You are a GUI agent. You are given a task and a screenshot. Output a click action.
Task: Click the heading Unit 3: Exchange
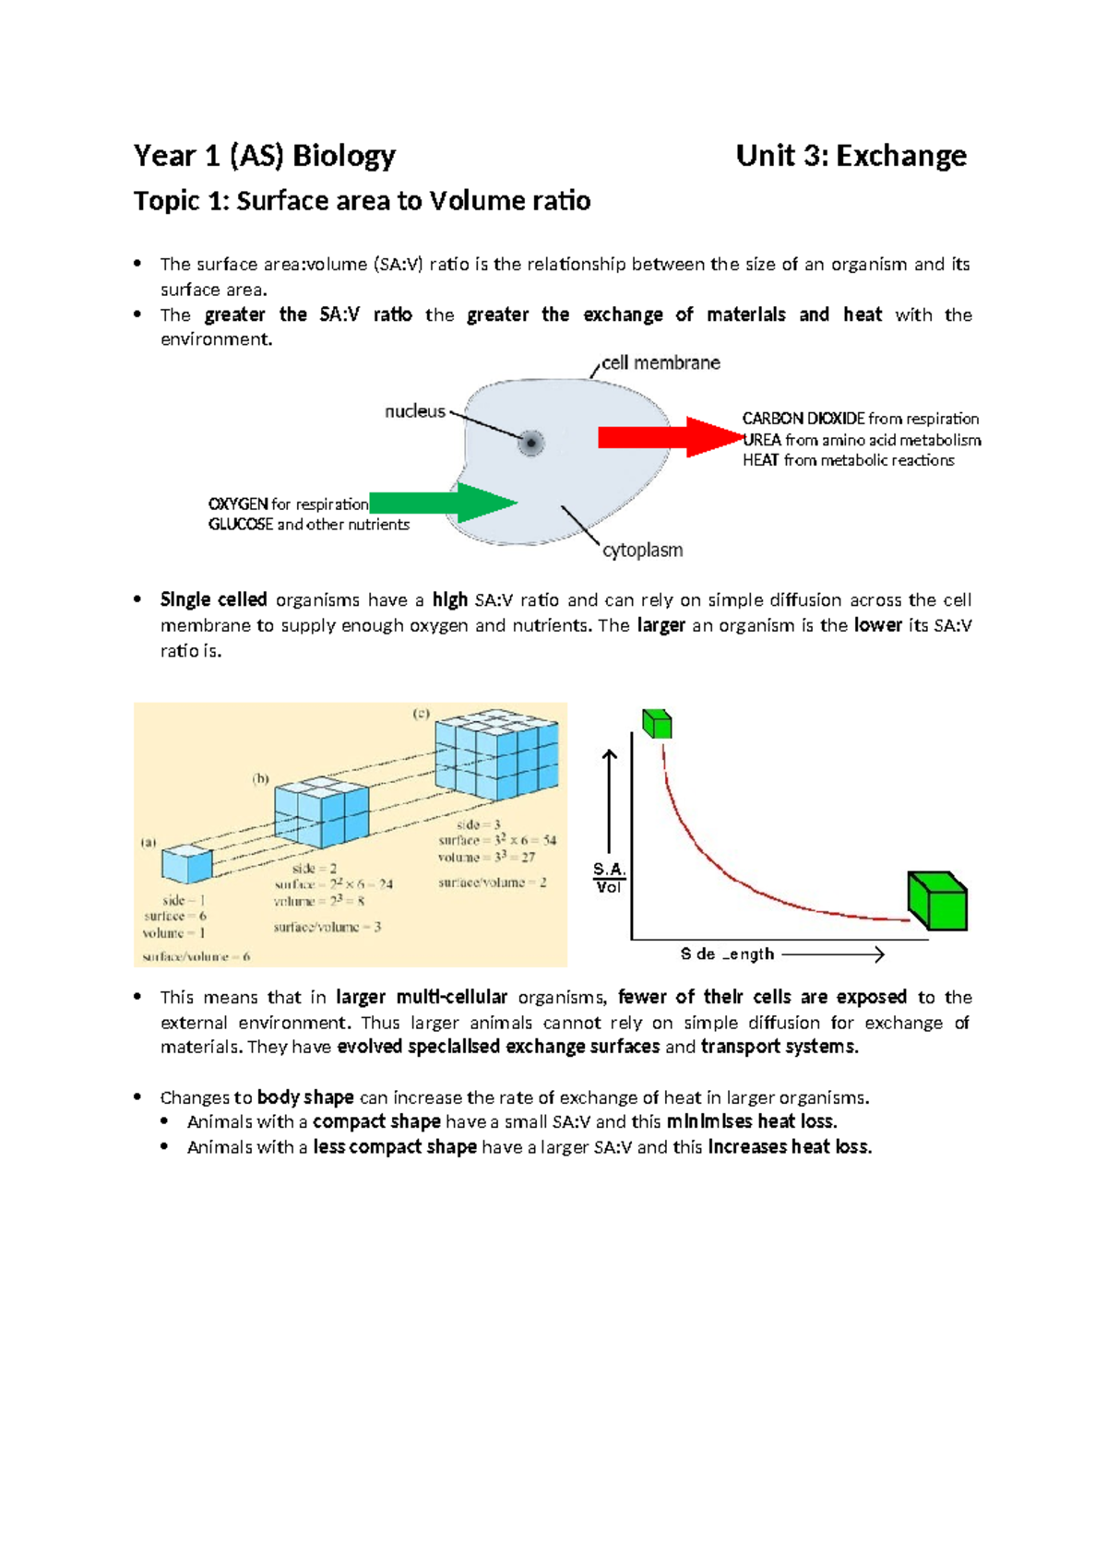coord(851,156)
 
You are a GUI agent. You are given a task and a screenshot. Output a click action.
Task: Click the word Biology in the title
coord(344,156)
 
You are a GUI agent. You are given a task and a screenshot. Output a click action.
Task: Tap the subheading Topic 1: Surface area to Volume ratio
coord(362,201)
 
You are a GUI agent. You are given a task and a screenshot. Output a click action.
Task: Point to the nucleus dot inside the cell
coord(531,443)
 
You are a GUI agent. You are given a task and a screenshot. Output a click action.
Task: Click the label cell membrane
coord(661,363)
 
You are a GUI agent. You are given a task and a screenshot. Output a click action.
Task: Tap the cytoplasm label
coord(642,551)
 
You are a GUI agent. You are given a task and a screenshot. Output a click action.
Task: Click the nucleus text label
coord(415,411)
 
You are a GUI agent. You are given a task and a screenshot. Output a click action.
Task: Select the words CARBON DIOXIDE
coord(803,419)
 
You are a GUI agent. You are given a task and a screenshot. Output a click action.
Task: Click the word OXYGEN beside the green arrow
coord(238,504)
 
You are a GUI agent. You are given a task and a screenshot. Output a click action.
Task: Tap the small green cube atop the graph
coord(657,724)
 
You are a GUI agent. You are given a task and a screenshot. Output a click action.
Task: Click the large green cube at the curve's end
coord(937,901)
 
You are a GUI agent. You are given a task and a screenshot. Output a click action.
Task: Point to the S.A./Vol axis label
coord(609,878)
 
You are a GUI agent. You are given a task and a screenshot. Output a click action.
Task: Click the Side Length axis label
coord(727,954)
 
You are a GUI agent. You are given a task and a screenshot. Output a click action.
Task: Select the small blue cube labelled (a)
coord(186,864)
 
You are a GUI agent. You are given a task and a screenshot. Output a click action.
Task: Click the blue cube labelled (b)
coord(321,815)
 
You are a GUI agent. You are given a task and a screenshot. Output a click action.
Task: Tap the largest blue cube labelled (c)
coord(496,755)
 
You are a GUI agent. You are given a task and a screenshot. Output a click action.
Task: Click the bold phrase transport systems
coord(779,1048)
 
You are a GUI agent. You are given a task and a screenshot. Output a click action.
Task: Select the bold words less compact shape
coord(395,1147)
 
